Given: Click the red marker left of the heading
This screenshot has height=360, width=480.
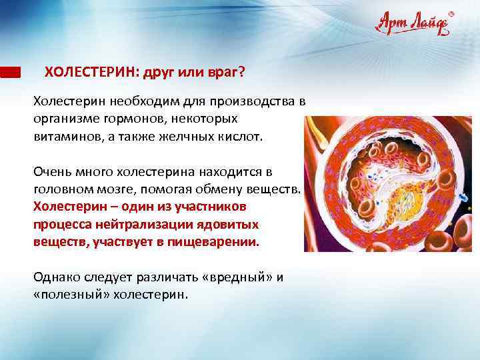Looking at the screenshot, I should tap(10, 72).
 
